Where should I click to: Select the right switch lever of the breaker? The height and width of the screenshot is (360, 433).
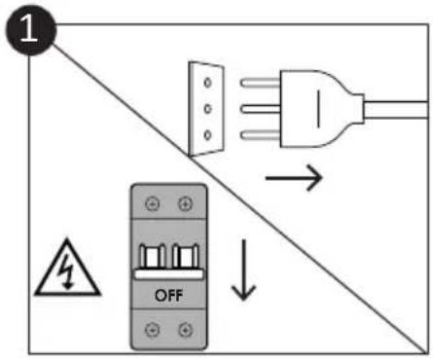point(182,258)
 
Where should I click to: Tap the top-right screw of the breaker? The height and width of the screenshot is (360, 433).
point(183,205)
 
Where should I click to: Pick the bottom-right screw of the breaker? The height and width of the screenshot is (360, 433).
point(183,330)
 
